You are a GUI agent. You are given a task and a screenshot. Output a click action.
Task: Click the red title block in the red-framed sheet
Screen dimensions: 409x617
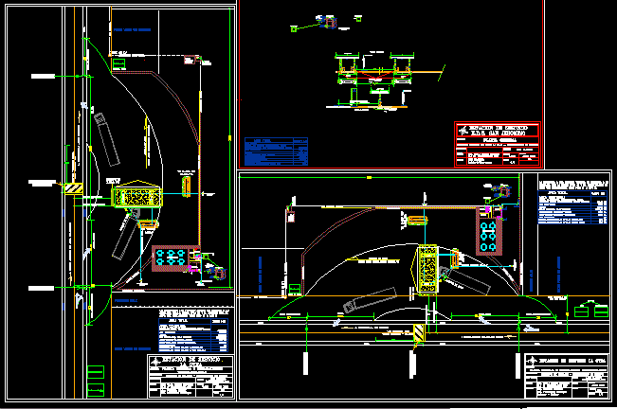pyautogui.click(x=498, y=145)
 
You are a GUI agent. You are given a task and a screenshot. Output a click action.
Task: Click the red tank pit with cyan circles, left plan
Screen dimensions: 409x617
pyautogui.click(x=172, y=258)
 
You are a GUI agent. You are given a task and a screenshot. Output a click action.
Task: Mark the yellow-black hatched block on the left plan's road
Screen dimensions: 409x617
pyautogui.click(x=73, y=187)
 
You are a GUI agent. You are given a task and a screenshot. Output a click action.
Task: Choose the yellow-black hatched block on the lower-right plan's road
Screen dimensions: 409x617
pyautogui.click(x=418, y=331)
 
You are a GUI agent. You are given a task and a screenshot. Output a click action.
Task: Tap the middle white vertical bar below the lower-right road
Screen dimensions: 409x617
pyautogui.click(x=414, y=363)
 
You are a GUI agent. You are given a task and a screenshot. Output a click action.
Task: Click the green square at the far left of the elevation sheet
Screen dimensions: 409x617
pyautogui.click(x=295, y=27)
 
